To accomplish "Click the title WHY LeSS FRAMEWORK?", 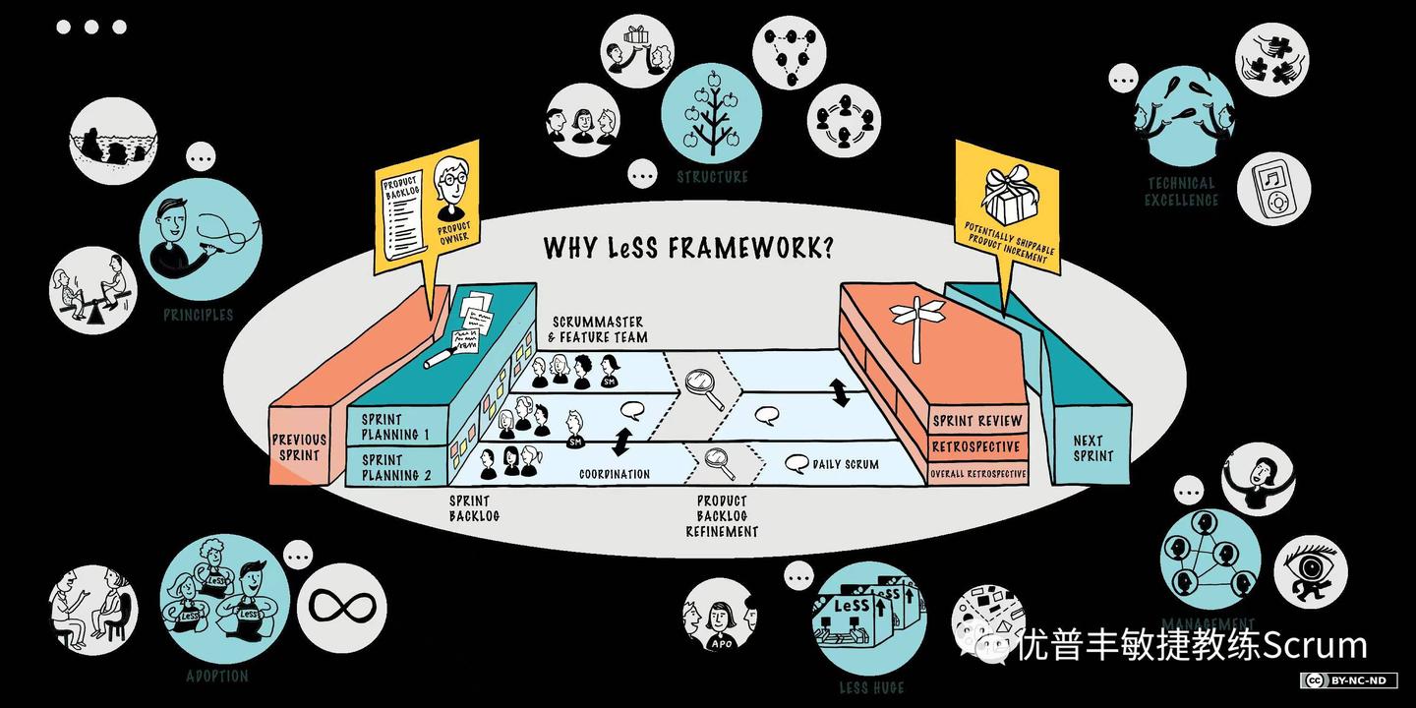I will (688, 247).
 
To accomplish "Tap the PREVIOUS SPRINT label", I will (299, 447).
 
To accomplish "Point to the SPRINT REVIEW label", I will (977, 421).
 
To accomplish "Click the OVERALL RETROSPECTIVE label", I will (977, 474).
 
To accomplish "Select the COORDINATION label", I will (615, 474).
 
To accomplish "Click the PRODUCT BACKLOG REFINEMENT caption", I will (722, 515).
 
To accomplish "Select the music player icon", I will (1274, 189).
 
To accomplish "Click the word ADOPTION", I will (217, 677).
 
